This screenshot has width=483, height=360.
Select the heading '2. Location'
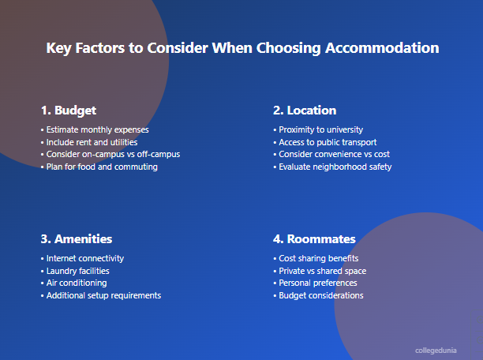305,111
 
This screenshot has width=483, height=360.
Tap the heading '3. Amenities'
76,238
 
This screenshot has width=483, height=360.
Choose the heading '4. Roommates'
314,238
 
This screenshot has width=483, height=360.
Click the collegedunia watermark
436,349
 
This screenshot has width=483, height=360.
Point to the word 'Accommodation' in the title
381,47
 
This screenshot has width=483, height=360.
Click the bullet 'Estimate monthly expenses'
97,129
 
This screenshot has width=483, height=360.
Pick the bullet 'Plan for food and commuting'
102,167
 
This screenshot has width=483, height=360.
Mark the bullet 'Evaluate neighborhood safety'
335,167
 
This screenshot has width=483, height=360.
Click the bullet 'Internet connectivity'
84,258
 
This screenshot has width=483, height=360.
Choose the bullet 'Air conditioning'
76,283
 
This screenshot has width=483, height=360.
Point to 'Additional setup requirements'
103,295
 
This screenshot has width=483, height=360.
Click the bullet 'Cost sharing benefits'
318,258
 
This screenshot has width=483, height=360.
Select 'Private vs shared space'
322,271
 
